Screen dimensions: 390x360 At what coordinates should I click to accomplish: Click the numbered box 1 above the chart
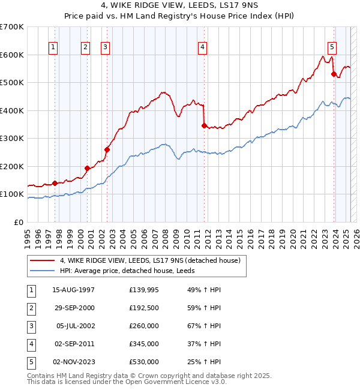point(53,47)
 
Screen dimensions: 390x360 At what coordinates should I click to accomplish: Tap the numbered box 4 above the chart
point(203,47)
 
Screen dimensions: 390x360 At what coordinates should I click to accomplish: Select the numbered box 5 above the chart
point(332,47)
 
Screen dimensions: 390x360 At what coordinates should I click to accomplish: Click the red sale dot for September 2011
point(204,126)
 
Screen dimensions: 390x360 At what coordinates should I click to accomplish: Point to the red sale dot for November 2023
point(334,74)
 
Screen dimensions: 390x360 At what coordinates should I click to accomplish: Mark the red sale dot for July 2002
point(107,149)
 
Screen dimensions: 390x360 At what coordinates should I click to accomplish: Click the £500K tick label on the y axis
point(12,82)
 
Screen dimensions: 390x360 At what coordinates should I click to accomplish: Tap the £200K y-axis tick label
point(12,166)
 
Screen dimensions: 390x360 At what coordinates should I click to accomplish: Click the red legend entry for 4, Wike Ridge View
point(150,260)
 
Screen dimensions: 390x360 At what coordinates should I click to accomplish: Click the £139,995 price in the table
point(144,290)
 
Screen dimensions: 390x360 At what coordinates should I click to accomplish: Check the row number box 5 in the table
point(31,362)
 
